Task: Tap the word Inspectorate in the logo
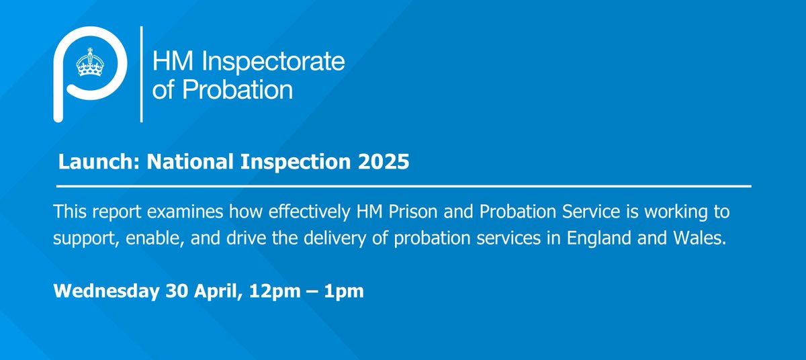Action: pyautogui.click(x=273, y=62)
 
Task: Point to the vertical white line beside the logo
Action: pyautogui.click(x=141, y=75)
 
